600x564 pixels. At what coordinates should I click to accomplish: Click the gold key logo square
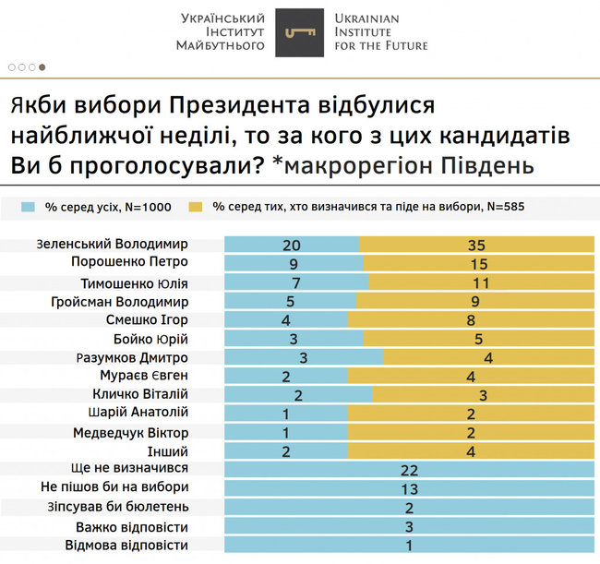[299, 32]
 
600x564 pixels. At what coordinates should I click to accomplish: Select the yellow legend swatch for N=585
[196, 207]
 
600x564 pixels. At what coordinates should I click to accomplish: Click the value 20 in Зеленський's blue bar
[293, 245]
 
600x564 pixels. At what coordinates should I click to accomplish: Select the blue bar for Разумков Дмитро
[304, 357]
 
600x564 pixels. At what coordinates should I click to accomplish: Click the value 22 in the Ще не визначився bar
[409, 470]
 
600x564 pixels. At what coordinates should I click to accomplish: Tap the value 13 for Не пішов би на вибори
[409, 488]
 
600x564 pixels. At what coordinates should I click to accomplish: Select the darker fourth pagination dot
[42, 67]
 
